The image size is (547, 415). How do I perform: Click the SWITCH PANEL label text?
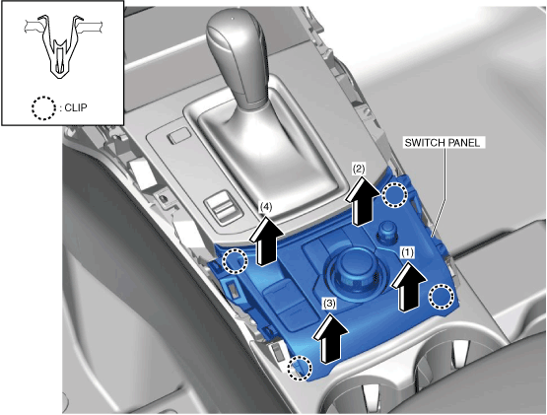pos(442,143)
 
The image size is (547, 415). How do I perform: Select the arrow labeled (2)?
pos(362,200)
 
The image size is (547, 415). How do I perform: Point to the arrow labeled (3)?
pos(329,337)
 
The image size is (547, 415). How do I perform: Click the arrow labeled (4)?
pos(265,240)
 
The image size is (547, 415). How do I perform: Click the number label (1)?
pos(407,251)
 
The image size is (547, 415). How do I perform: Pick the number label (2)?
pos(359,169)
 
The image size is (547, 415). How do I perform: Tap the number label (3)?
pos(329,304)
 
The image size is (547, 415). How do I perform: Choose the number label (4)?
pos(266,207)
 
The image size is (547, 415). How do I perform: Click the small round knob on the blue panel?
pos(387,233)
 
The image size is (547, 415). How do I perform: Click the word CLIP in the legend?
pos(76,107)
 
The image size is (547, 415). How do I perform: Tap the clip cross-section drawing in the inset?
pos(63,46)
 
